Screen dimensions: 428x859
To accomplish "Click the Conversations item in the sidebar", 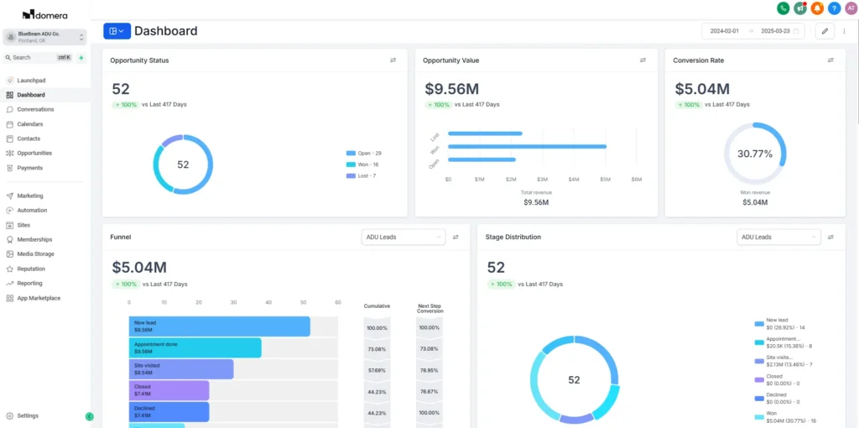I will tap(35, 109).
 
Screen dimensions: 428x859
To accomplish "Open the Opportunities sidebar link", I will tap(34, 153).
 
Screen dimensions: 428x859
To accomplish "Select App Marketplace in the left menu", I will tap(39, 298).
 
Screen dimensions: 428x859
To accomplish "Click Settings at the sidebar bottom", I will tap(28, 415).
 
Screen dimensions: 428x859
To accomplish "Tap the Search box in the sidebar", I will tap(34, 57).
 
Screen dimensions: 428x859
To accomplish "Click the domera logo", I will tap(45, 14).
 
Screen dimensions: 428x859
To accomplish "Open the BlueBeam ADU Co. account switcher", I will tap(45, 37).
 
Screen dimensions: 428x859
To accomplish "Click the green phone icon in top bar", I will tap(783, 8).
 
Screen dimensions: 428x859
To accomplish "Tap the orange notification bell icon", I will tap(817, 8).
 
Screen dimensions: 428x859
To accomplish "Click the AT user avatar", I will tap(851, 8).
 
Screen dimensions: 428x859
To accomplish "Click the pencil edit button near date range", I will tap(825, 31).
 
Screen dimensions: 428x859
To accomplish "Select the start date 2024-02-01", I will tap(724, 31).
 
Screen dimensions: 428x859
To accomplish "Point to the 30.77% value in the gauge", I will tap(755, 154).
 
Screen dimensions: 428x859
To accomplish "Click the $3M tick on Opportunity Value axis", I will tap(542, 180).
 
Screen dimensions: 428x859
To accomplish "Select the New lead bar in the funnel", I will tap(219, 326).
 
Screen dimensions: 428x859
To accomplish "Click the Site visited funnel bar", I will tap(180, 369).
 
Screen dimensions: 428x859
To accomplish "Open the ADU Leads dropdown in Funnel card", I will tap(403, 237).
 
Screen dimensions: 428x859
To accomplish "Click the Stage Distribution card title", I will tap(513, 237).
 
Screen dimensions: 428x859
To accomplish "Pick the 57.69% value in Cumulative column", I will tap(377, 370).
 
